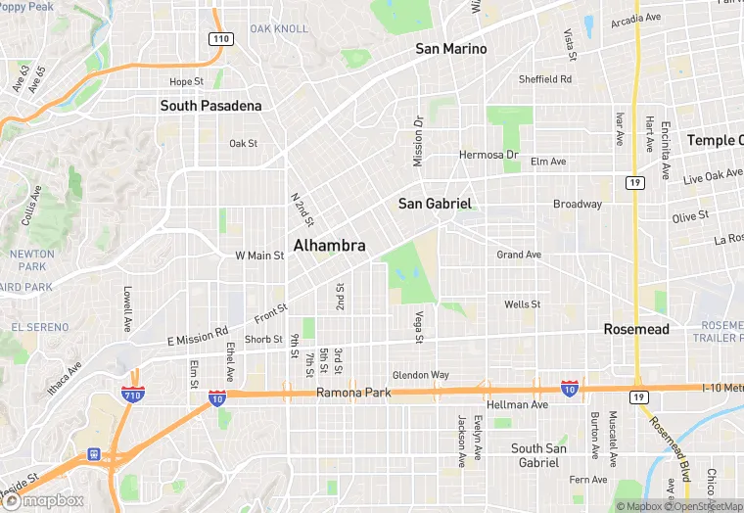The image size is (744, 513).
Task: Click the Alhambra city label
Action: pos(330,246)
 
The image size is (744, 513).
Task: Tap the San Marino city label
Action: pos(450,49)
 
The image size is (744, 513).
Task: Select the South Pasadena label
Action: pos(210,106)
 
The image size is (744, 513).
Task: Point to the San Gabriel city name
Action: pos(435,204)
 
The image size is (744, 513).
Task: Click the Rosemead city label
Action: pos(636,329)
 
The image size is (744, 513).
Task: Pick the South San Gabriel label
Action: pos(539,455)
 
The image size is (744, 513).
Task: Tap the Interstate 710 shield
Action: pos(134,396)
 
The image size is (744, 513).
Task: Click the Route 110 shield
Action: pos(220,38)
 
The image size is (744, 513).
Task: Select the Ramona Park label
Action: pos(353,393)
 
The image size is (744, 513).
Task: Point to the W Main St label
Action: pos(259,256)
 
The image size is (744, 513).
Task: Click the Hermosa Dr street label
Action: pos(488,155)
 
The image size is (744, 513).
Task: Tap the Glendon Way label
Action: pos(421,375)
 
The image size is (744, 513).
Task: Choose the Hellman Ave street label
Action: pos(518,404)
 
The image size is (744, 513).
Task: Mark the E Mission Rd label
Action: pos(197,336)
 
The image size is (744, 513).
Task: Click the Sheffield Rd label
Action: pos(545,79)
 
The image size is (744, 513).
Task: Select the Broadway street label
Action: pos(578,205)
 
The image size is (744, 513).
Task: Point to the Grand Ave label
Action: pos(519,255)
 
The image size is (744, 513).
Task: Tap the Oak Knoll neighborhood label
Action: pos(279,28)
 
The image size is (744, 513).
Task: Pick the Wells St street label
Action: pos(522,304)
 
